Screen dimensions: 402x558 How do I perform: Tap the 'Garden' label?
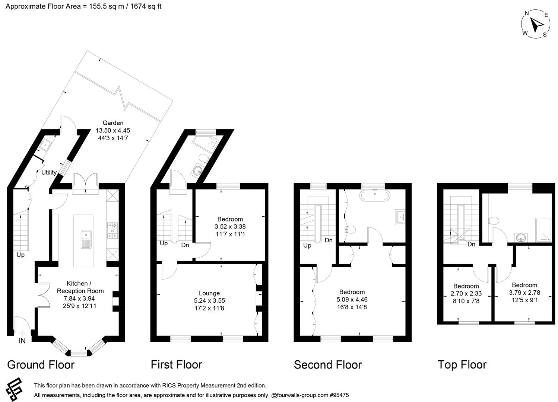point(113,123)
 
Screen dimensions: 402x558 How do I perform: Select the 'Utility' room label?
point(49,172)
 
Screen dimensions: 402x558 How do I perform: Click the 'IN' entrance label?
point(22,341)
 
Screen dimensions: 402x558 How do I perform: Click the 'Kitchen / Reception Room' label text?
point(80,287)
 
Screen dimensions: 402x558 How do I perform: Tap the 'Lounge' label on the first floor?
point(209,293)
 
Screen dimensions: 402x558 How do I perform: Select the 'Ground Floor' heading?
point(41,365)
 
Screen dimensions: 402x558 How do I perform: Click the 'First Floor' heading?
point(176,365)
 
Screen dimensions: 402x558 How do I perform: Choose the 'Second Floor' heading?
point(327,365)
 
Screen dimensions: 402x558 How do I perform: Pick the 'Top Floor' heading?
point(462,365)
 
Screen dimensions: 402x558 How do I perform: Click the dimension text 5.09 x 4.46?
point(352,300)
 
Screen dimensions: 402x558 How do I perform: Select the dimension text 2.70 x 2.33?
point(466,293)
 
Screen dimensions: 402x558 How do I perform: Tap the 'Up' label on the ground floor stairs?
point(20,255)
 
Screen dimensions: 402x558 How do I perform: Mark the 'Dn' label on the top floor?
point(471,245)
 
